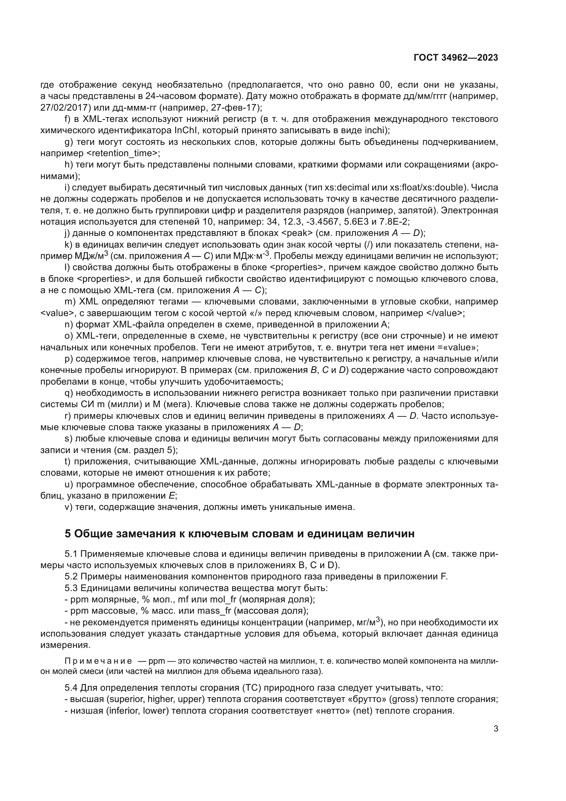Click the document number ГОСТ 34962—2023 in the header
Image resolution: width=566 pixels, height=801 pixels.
click(x=456, y=58)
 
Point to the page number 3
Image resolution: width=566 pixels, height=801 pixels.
click(x=496, y=728)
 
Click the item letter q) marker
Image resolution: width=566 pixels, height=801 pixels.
click(x=69, y=393)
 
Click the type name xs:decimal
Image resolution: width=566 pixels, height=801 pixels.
click(x=346, y=187)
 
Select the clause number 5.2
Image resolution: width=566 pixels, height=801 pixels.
click(x=71, y=576)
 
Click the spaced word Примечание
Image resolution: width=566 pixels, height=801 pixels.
click(x=98, y=661)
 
